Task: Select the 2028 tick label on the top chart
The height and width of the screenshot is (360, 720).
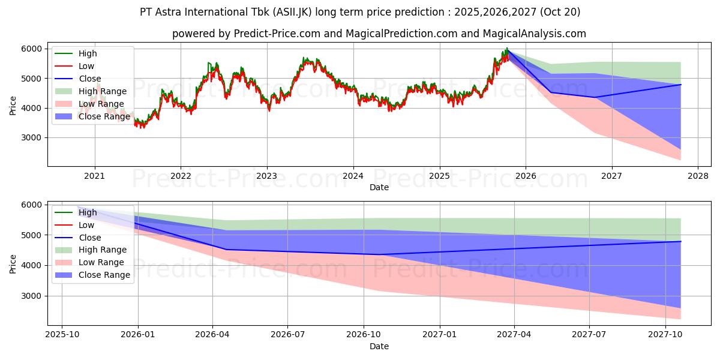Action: pyautogui.click(x=698, y=176)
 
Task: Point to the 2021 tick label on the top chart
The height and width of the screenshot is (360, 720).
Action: pyautogui.click(x=94, y=176)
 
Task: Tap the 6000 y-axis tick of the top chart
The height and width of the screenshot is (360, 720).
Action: pyautogui.click(x=31, y=49)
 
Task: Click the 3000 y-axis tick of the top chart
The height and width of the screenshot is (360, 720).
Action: pyautogui.click(x=31, y=138)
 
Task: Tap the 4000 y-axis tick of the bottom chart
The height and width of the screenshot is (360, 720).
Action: pyautogui.click(x=31, y=265)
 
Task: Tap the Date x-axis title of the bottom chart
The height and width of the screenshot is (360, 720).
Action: pyautogui.click(x=379, y=346)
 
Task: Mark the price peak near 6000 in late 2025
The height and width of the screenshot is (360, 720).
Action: pyautogui.click(x=506, y=49)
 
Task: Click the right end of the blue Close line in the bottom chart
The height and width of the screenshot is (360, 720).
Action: pyautogui.click(x=680, y=241)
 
